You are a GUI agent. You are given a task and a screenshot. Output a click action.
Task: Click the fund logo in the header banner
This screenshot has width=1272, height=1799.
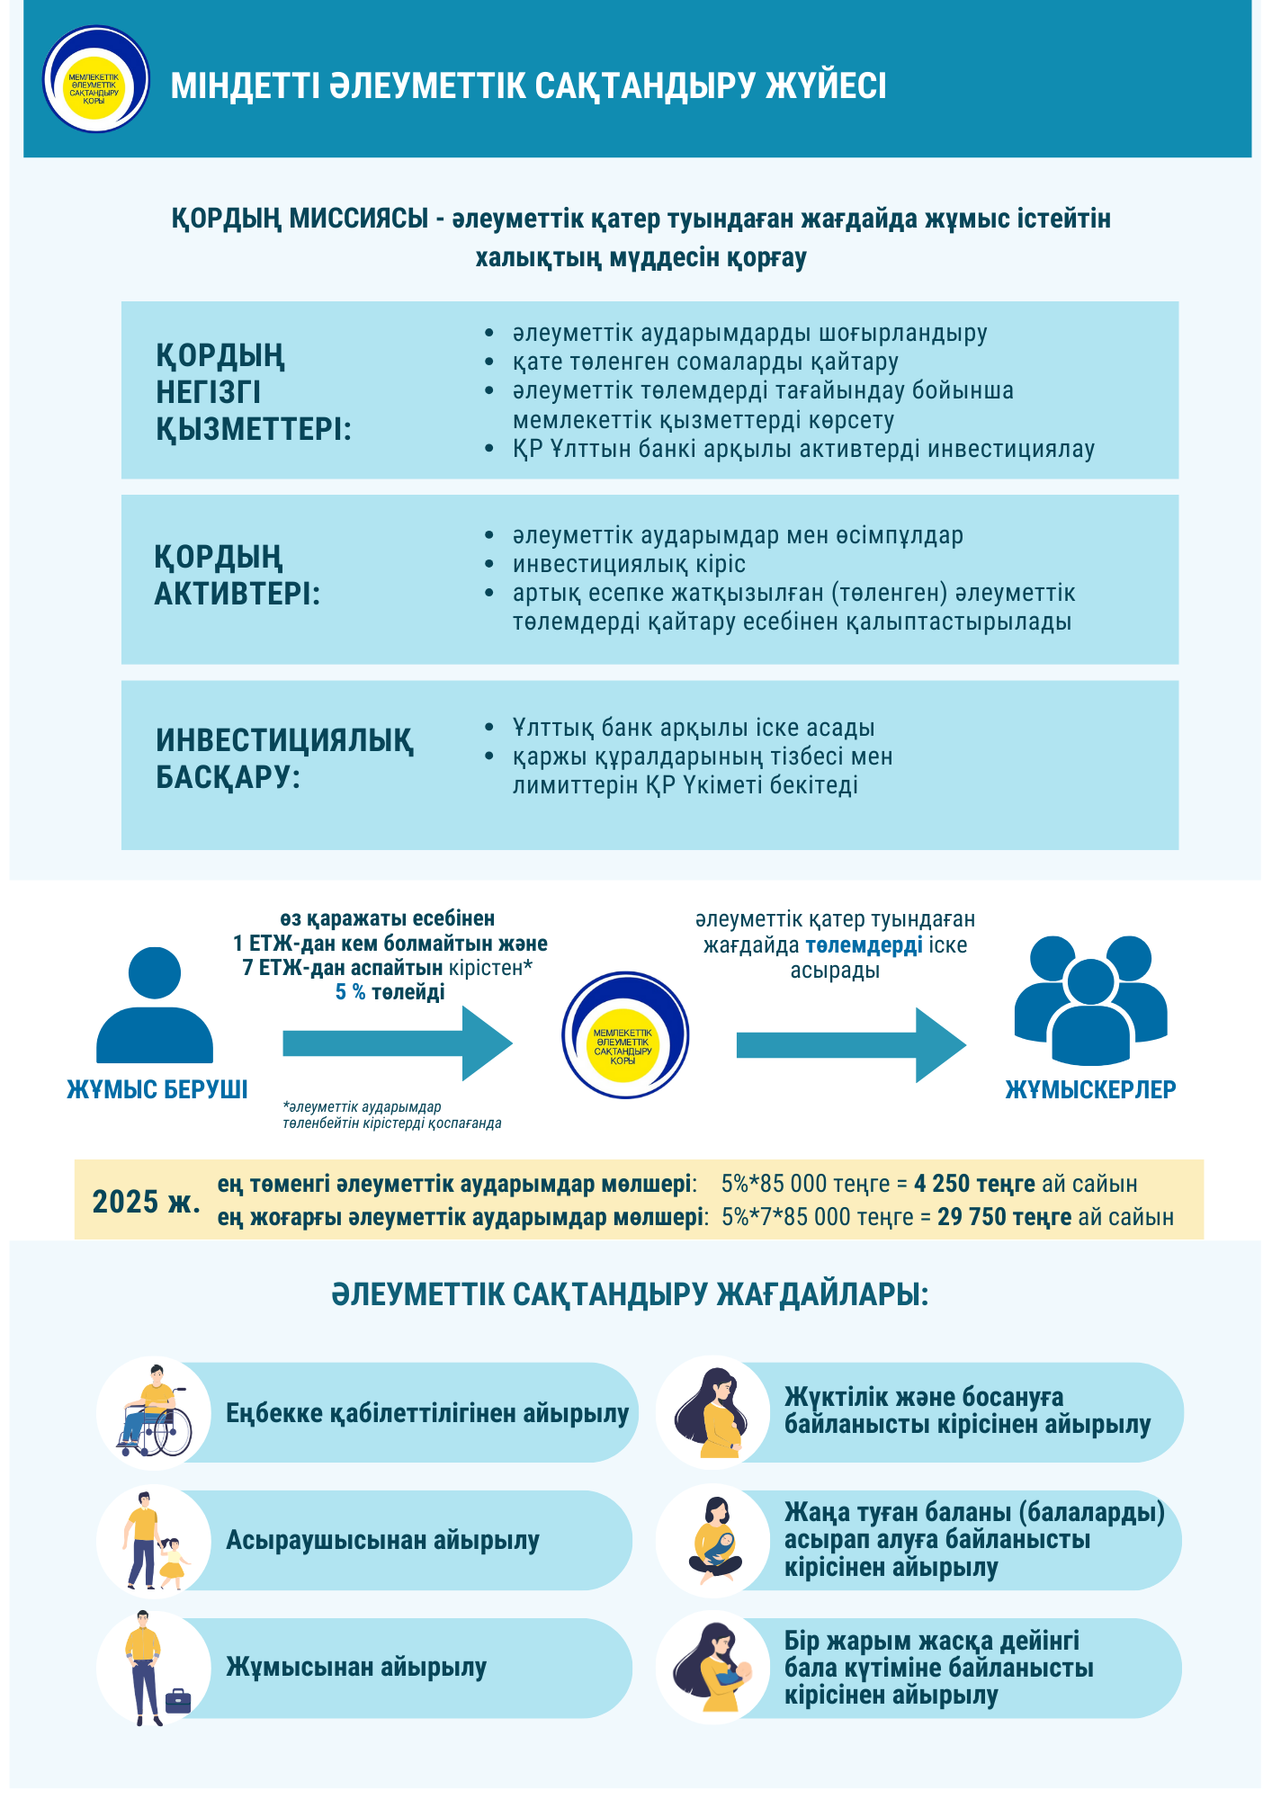pos(95,80)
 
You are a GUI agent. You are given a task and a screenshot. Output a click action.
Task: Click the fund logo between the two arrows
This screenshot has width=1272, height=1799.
pos(624,1035)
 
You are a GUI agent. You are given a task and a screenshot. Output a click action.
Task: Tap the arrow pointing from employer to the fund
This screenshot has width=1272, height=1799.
pos(397,1043)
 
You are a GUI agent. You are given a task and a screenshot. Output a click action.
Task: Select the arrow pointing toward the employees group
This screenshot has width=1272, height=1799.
pos(850,1045)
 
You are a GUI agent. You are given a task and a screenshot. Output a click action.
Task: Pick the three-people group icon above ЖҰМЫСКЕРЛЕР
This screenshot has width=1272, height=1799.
pos(1090,999)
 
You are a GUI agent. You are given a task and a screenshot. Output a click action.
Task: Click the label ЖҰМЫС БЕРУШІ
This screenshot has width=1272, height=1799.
pos(157,1090)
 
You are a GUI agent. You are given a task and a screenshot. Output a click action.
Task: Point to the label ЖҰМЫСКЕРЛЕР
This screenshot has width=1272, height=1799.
pos(1090,1090)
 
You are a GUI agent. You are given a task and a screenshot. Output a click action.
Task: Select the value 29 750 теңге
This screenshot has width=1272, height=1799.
pos(1004,1218)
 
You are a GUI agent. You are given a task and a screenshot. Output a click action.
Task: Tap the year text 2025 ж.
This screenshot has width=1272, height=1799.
pos(147,1202)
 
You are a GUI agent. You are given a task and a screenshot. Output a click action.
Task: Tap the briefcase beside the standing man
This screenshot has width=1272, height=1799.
pos(178,1701)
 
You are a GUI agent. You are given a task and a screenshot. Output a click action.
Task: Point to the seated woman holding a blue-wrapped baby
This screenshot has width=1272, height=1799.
pos(716,1541)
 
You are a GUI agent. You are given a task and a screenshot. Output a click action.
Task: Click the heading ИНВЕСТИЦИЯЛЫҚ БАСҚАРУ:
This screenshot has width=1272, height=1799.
pos(284,758)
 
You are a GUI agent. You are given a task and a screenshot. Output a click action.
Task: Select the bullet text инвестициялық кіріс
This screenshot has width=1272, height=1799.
pos(629,565)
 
